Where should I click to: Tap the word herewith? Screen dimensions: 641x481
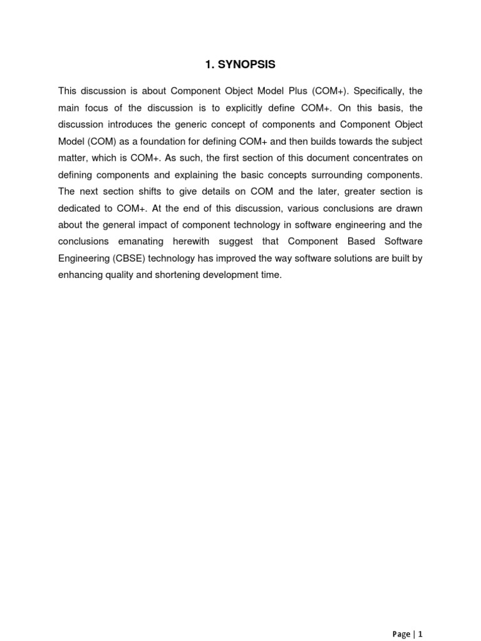197,241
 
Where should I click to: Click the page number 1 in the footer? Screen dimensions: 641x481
421,634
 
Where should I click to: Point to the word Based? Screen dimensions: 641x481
357,241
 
